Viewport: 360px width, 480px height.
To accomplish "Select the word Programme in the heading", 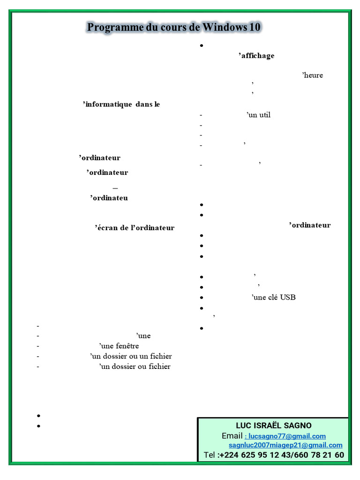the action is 114,28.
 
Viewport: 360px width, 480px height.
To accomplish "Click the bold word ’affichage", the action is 256,56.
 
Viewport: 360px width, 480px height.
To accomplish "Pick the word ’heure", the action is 313,75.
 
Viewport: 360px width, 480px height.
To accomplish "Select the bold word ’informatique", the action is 107,104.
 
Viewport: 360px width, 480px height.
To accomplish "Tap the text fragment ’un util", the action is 259,115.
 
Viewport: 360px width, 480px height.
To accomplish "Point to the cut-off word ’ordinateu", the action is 109,198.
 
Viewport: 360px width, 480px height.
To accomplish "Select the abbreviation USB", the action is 288,297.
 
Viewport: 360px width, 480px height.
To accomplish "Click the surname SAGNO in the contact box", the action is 295,426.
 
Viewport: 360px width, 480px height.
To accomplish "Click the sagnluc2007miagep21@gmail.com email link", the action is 285,445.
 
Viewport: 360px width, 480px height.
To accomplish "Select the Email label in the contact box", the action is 232,436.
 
